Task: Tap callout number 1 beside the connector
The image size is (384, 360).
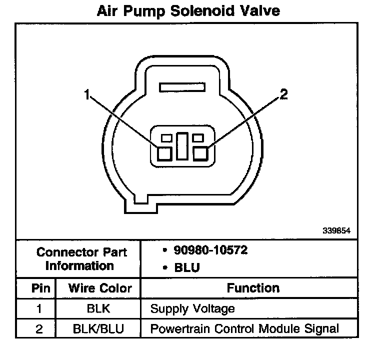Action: pos(87,94)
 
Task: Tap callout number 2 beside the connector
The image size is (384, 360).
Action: pos(283,94)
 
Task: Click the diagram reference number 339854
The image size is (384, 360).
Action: pos(336,231)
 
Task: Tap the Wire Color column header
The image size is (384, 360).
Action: pos(100,288)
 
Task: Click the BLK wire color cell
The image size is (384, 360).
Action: pos(97,308)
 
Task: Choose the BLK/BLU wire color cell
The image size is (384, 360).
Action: pos(98,328)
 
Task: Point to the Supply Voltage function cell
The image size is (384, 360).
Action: pos(192,308)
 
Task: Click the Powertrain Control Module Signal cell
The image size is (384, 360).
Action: pos(244,328)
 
